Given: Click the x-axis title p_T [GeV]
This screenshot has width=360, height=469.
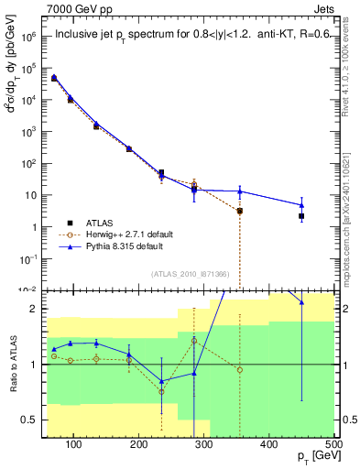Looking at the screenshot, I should click(311, 459).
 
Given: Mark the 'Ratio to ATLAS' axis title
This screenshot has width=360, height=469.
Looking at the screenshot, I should click(12, 365).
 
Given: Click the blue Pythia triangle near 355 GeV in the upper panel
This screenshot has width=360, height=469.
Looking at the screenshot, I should click(240, 191).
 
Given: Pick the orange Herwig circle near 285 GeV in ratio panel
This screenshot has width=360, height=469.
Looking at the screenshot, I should click(194, 340).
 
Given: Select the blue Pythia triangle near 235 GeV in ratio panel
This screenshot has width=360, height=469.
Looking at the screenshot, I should click(161, 381).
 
